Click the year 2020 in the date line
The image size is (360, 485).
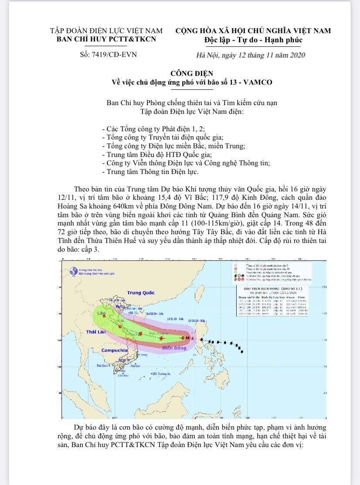click(x=296, y=55)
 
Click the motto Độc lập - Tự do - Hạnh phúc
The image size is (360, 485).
click(x=253, y=40)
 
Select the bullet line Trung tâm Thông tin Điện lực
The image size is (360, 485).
click(x=149, y=172)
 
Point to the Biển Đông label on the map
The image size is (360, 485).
click(x=173, y=349)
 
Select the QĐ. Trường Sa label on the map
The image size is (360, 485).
click(x=160, y=374)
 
